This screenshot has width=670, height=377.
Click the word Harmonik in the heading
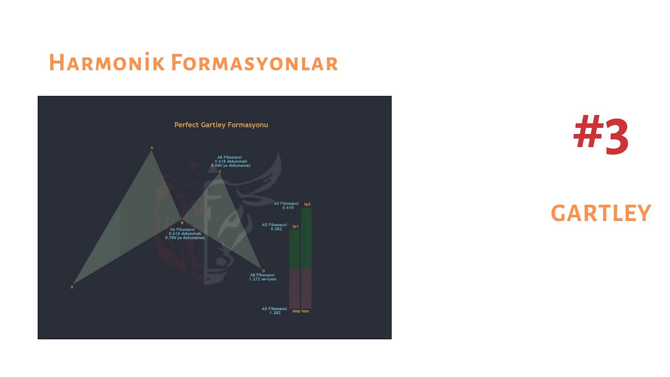pyautogui.click(x=107, y=63)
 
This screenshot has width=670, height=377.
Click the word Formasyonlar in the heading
pyautogui.click(x=254, y=63)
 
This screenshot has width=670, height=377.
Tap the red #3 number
pyautogui.click(x=601, y=136)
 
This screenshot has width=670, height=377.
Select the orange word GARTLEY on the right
pyautogui.click(x=601, y=214)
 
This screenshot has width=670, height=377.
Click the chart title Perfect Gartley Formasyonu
pyautogui.click(x=221, y=125)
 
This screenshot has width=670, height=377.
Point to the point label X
pyautogui.click(x=72, y=287)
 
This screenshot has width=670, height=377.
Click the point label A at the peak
pyautogui.click(x=152, y=148)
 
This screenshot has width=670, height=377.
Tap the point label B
pyautogui.click(x=182, y=223)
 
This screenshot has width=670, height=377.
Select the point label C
pyautogui.click(x=220, y=171)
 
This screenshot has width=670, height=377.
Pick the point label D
pyautogui.click(x=263, y=271)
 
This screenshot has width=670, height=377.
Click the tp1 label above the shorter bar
pyautogui.click(x=295, y=226)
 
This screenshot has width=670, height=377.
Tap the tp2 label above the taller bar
pyautogui.click(x=307, y=204)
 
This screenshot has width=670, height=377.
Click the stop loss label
pyautogui.click(x=300, y=311)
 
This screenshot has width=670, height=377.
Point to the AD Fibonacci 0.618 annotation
pyautogui.click(x=286, y=205)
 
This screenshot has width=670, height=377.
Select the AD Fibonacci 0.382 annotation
pyautogui.click(x=274, y=227)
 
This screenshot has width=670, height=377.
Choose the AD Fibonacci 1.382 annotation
pyautogui.click(x=274, y=311)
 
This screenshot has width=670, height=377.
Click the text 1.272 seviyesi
pyautogui.click(x=263, y=279)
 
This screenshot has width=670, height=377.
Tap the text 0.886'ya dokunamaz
pyautogui.click(x=231, y=165)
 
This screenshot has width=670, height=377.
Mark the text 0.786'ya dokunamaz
pyautogui.click(x=185, y=238)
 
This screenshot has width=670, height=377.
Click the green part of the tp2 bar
pyautogui.click(x=306, y=238)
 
